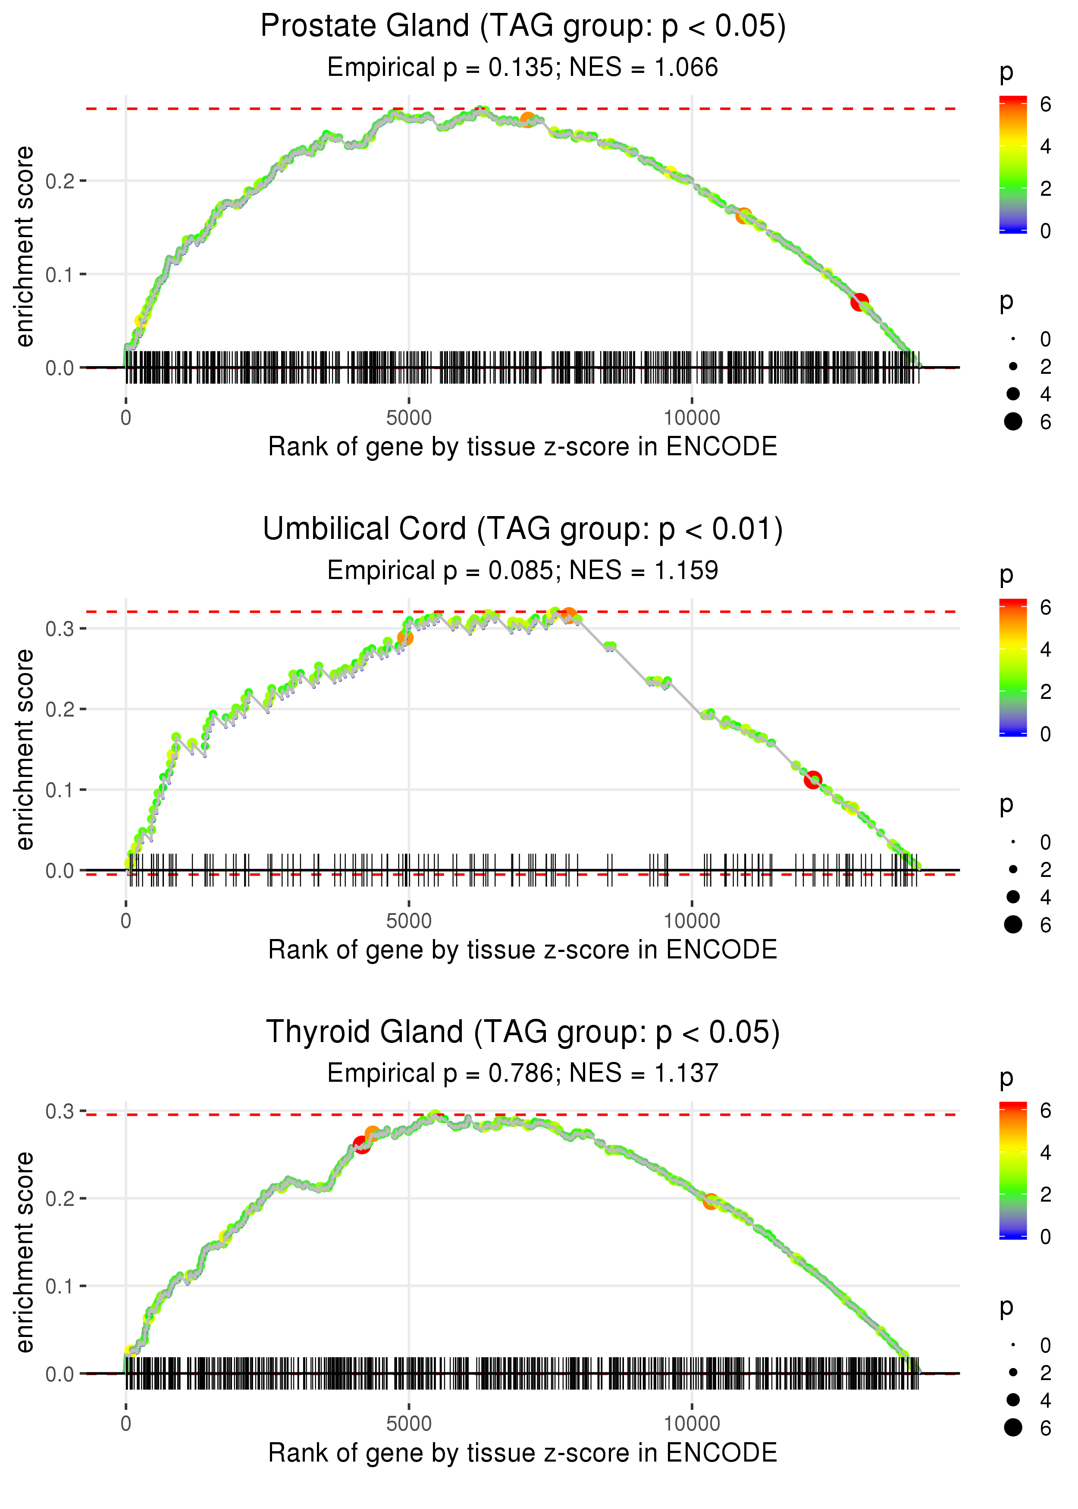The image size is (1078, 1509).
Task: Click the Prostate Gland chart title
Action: click(x=523, y=27)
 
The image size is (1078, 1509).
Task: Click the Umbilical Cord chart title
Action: click(x=523, y=529)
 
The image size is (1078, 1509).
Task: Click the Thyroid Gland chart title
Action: click(x=523, y=1032)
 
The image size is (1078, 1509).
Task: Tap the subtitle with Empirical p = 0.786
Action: click(x=523, y=1073)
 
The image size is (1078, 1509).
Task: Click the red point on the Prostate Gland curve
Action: click(x=860, y=303)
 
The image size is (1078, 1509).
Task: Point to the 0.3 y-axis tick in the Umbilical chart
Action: click(x=60, y=629)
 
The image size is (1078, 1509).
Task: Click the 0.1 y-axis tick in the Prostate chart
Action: click(x=60, y=274)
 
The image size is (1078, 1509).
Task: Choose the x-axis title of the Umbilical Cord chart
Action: click(x=523, y=950)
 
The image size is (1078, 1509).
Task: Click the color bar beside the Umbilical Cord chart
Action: click(x=1013, y=667)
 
